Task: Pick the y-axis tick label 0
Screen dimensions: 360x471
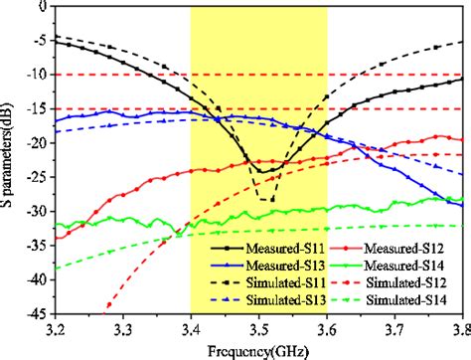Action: pyautogui.click(x=44, y=6)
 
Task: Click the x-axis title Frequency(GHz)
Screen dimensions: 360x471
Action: pyautogui.click(x=260, y=347)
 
